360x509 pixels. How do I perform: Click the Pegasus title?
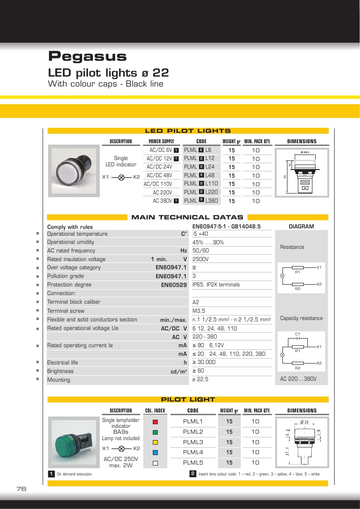[x=87, y=57]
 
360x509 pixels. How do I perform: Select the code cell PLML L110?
[x=201, y=184]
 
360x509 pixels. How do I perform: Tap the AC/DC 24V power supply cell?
[x=159, y=167]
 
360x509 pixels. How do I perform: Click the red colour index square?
[x=155, y=422]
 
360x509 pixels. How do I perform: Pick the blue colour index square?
[x=155, y=452]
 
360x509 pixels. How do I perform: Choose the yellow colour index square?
[x=155, y=442]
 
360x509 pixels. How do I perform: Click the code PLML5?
[x=193, y=463]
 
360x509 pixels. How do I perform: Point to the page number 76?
[x=21, y=489]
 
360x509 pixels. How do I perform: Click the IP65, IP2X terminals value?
[x=216, y=285]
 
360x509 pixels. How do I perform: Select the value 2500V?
[x=200, y=259]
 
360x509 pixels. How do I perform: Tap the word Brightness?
[x=60, y=371]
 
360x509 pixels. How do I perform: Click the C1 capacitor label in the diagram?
[x=297, y=334]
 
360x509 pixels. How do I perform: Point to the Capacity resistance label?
[x=301, y=318]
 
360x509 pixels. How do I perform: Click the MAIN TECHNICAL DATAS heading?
[x=187, y=218]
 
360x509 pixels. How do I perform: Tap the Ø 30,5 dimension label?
[x=305, y=152]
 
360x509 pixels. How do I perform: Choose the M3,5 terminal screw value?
[x=199, y=311]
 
